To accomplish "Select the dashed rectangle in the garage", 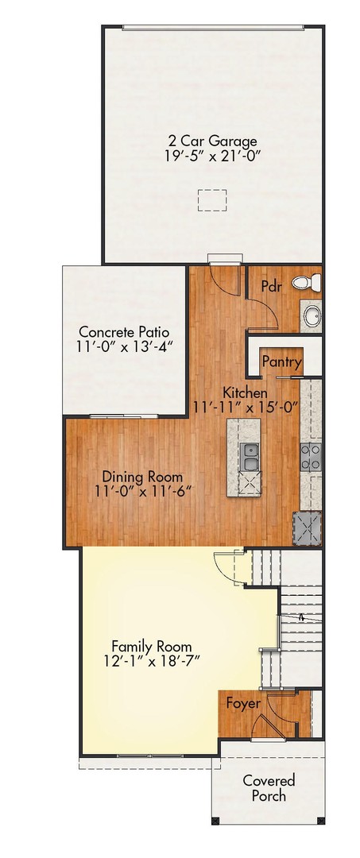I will [211, 200].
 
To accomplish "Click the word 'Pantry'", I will [281, 363].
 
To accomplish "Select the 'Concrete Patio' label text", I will [123, 331].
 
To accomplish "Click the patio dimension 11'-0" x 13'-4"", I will [126, 347].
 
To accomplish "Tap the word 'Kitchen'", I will [244, 392].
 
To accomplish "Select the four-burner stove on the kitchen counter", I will [310, 455].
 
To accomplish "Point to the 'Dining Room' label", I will [143, 477].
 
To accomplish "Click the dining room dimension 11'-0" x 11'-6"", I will [143, 492].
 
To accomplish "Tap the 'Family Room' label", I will [151, 646].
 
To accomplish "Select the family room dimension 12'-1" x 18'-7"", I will [151, 662].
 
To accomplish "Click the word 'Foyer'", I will [242, 703].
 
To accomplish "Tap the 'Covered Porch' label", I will [269, 788].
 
